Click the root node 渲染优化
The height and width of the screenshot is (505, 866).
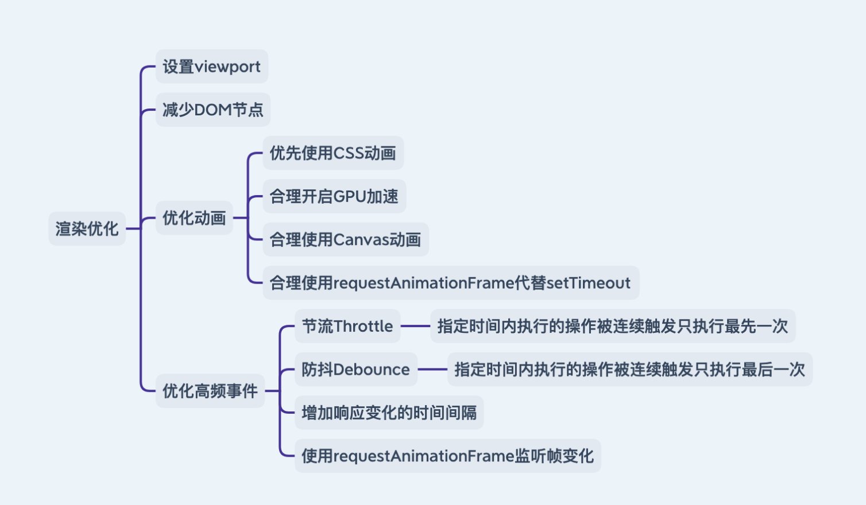point(87,228)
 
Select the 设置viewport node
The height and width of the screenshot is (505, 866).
point(212,67)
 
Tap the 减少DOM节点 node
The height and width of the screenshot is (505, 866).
point(213,110)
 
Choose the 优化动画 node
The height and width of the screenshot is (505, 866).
point(194,218)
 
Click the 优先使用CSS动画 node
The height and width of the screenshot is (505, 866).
point(333,153)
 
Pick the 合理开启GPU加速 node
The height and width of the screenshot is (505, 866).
point(334,196)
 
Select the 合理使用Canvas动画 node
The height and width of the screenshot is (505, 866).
point(346,239)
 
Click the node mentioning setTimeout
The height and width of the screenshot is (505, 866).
point(451,283)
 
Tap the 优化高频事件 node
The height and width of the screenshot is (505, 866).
point(210,391)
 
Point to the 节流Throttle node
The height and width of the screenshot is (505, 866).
point(347,326)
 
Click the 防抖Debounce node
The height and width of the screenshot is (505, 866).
point(356,370)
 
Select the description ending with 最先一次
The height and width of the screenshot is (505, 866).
point(613,326)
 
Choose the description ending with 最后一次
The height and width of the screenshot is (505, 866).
point(630,370)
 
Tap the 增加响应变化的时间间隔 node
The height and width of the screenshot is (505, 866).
point(389,413)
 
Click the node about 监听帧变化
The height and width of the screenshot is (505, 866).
point(448,456)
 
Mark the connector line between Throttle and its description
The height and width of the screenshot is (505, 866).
point(416,326)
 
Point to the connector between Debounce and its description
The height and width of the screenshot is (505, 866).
point(432,370)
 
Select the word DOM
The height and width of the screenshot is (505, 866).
point(212,110)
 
